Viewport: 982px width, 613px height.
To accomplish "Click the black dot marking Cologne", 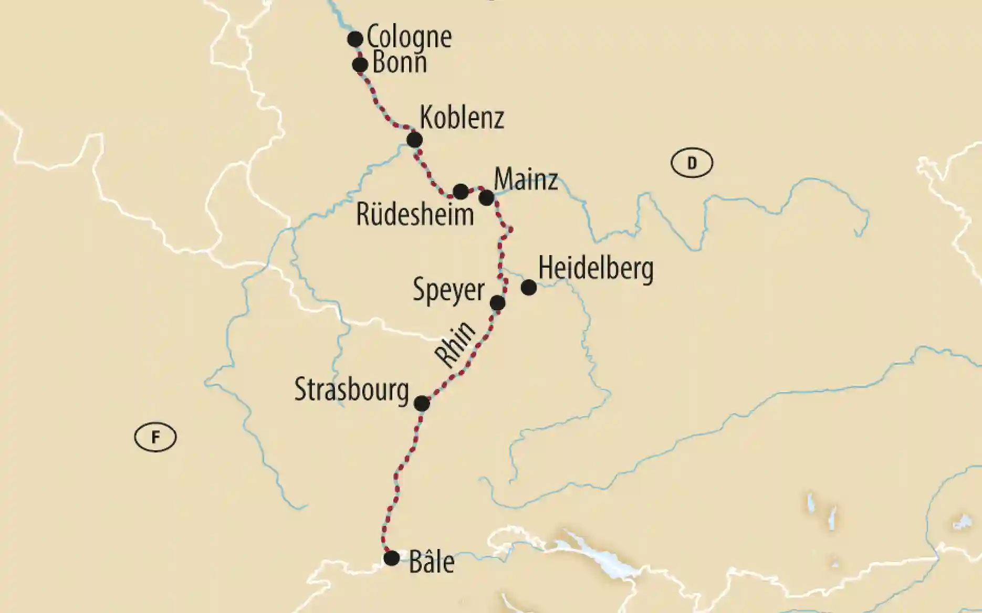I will coord(356,39).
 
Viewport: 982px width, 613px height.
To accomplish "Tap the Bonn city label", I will coord(399,63).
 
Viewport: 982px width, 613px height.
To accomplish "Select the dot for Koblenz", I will coord(414,140).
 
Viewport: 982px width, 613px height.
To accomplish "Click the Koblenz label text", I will coord(462,118).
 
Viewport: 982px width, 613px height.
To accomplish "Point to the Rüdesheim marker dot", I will coord(461,192).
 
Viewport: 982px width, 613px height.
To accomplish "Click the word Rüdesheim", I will coord(415,215).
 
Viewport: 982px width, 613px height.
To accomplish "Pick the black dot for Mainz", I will coord(486,198).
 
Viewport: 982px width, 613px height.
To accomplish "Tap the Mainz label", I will coord(526,180).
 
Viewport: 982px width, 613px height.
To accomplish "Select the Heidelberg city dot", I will coord(529,288).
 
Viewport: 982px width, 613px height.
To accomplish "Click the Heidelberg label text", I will coord(596,269).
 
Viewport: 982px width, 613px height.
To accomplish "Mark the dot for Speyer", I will coord(497,303).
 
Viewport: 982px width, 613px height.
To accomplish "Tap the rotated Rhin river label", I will coord(455,344).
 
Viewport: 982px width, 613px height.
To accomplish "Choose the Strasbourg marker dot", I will coord(422,404).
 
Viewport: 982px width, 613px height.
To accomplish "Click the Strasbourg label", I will coord(351,390).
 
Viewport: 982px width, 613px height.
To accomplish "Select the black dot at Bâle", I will coord(391,558).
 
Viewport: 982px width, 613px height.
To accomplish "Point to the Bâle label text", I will coord(431,562).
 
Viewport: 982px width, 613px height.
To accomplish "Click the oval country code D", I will coord(692,163).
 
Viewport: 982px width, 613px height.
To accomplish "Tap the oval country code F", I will coord(155,437).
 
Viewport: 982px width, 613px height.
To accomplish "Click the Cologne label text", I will coord(409,37).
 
